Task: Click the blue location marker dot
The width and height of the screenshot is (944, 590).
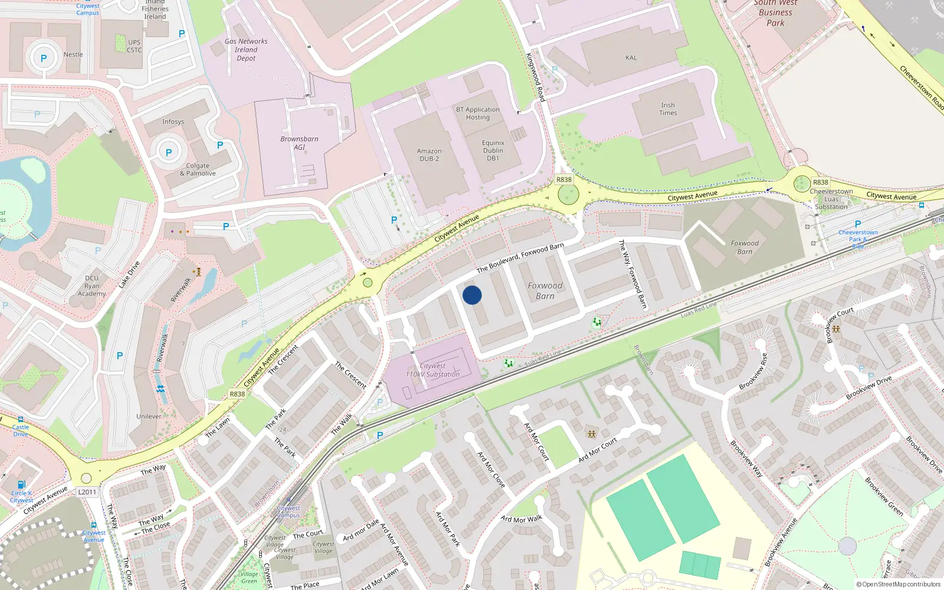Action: tap(472, 295)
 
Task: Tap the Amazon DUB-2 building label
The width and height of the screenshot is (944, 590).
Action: tap(429, 155)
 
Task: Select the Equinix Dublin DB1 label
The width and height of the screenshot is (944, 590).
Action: tap(493, 150)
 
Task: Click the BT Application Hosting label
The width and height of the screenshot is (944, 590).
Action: tap(477, 113)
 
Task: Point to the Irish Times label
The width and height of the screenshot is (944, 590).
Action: tap(668, 109)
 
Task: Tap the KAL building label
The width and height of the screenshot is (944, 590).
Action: tap(631, 58)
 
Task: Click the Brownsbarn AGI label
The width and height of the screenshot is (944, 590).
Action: tap(299, 143)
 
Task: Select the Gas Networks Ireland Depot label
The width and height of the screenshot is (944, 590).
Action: tap(246, 50)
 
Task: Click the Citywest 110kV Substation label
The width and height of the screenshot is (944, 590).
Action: tap(432, 371)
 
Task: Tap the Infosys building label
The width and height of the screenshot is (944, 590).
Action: tap(173, 122)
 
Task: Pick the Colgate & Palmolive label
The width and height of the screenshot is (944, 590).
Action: tap(198, 170)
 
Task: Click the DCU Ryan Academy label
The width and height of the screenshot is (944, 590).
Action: tap(91, 286)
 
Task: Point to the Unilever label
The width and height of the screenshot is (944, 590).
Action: tap(149, 417)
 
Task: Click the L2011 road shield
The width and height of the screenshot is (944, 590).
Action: tap(87, 492)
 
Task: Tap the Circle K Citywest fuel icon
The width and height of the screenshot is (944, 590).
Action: tap(21, 484)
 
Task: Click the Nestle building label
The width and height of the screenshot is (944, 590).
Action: tap(73, 55)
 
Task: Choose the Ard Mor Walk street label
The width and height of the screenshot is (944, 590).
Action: tap(521, 519)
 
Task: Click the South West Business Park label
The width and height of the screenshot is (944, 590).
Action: tap(775, 13)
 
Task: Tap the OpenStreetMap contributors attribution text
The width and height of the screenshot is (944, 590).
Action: tap(898, 585)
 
